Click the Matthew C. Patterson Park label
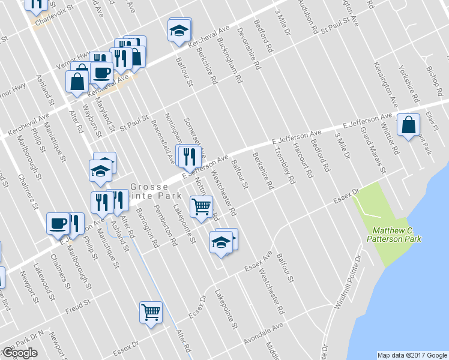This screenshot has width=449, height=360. point(396,235)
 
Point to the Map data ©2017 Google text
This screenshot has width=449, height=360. point(411,355)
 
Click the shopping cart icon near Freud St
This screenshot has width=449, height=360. point(151,312)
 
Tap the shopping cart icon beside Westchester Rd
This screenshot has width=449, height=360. point(201,207)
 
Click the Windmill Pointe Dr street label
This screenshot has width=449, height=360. point(349,281)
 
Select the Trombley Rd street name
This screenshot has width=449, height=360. point(285,166)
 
